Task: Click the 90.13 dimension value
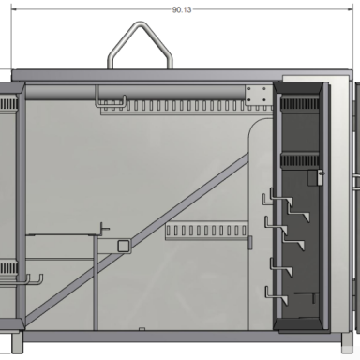pos(182,9)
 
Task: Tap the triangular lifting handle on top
pos(140,23)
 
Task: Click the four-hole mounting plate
pos(257,95)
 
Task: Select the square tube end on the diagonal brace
pos(124,246)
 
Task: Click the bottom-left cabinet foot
pos(17,342)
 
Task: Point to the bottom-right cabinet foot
pos(347,343)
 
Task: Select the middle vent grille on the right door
pos(299,160)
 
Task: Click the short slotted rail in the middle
pos(206,232)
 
